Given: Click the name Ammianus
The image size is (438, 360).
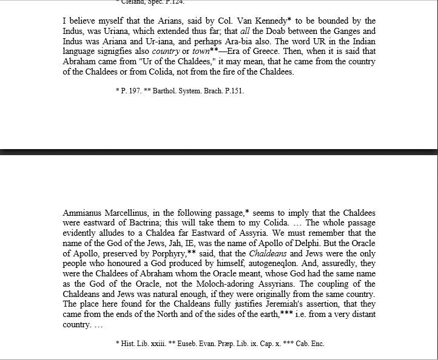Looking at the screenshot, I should [83, 213].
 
